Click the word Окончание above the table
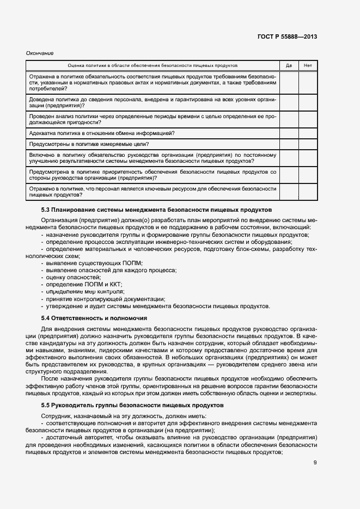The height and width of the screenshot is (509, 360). coord(40,53)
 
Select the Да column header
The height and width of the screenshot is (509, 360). coord(289,65)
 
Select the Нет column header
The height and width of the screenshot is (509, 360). coord(308,65)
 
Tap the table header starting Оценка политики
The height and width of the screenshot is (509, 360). coord(152,65)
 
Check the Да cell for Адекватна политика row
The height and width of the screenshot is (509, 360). coord(289,133)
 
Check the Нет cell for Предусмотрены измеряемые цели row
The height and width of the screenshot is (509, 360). coord(308,144)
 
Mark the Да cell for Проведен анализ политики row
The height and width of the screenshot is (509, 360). coord(289,119)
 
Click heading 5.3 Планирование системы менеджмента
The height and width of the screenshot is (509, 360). coord(156,210)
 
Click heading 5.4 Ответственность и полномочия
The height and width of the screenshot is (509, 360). coord(94,317)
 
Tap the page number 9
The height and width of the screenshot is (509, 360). coord(315,463)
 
